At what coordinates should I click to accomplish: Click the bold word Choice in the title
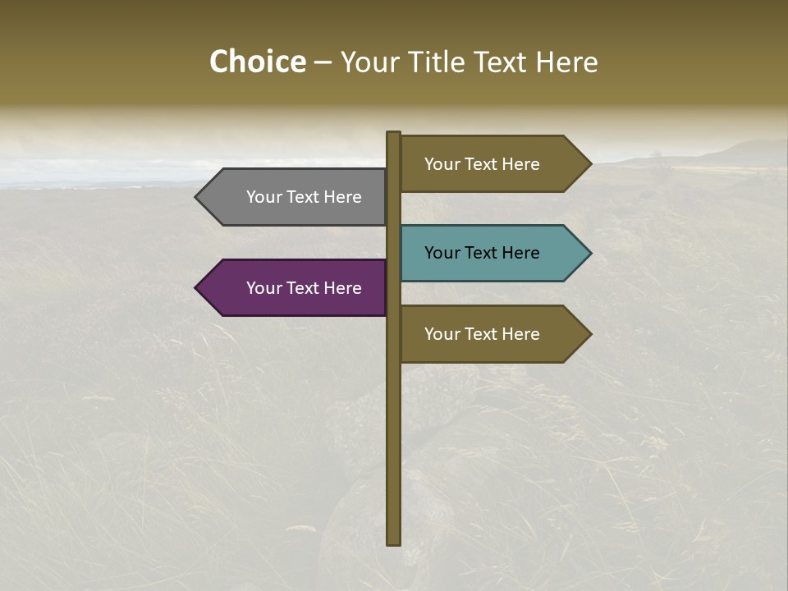tap(257, 62)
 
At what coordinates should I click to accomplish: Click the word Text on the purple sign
tap(304, 288)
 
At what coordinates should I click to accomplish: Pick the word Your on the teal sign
tap(442, 253)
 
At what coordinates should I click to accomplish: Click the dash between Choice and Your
tap(323, 62)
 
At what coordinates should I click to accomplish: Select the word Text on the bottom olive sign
tap(482, 334)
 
